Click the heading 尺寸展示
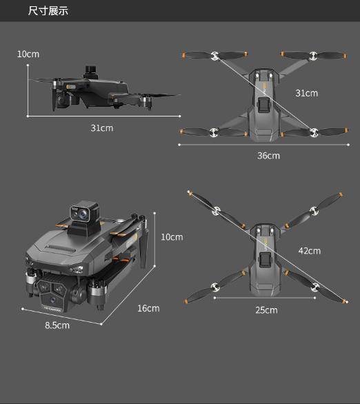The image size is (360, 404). pyautogui.click(x=48, y=11)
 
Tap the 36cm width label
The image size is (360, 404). pyautogui.click(x=268, y=156)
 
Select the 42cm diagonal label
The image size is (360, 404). pyautogui.click(x=310, y=251)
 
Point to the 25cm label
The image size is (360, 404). pyautogui.click(x=266, y=310)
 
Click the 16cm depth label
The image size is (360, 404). pyautogui.click(x=148, y=308)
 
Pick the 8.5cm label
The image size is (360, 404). pyautogui.click(x=57, y=325)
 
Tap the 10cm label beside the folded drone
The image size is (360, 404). pyautogui.click(x=172, y=237)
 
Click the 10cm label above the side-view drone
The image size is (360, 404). pyautogui.click(x=28, y=54)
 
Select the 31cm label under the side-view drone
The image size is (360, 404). pyautogui.click(x=102, y=128)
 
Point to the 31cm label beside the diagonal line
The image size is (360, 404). pyautogui.click(x=307, y=93)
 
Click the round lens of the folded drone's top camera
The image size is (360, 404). pyautogui.click(x=83, y=214)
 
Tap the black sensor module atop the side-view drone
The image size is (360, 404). pyautogui.click(x=91, y=72)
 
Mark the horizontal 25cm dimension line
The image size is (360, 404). pyautogui.click(x=265, y=298)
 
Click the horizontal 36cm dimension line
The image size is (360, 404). pyautogui.click(x=263, y=145)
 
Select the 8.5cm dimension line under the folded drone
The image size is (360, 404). pyautogui.click(x=62, y=316)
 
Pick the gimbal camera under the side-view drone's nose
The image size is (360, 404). pyautogui.click(x=63, y=100)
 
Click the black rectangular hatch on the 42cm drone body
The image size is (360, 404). pyautogui.click(x=265, y=260)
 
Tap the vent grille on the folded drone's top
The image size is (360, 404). pyautogui.click(x=61, y=248)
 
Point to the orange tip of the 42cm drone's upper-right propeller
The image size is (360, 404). pyautogui.click(x=341, y=194)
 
